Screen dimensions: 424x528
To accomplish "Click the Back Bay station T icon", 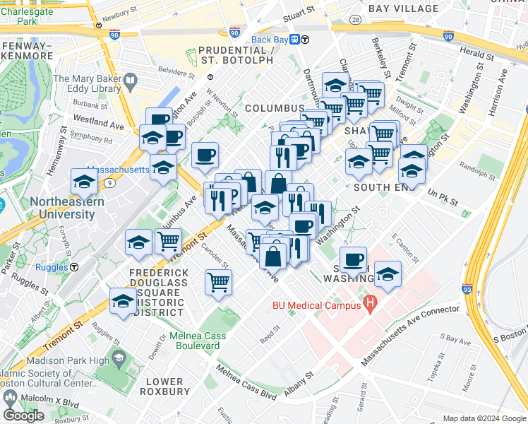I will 296,40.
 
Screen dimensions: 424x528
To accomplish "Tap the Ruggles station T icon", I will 73,266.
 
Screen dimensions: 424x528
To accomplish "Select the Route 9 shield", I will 111,183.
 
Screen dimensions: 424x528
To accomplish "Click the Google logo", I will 23,416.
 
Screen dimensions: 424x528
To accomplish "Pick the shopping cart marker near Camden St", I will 218,281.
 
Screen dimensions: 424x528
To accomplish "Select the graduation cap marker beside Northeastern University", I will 84,182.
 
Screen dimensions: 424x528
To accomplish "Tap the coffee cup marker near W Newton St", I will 205,155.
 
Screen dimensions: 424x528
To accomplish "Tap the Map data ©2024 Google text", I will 484,418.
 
